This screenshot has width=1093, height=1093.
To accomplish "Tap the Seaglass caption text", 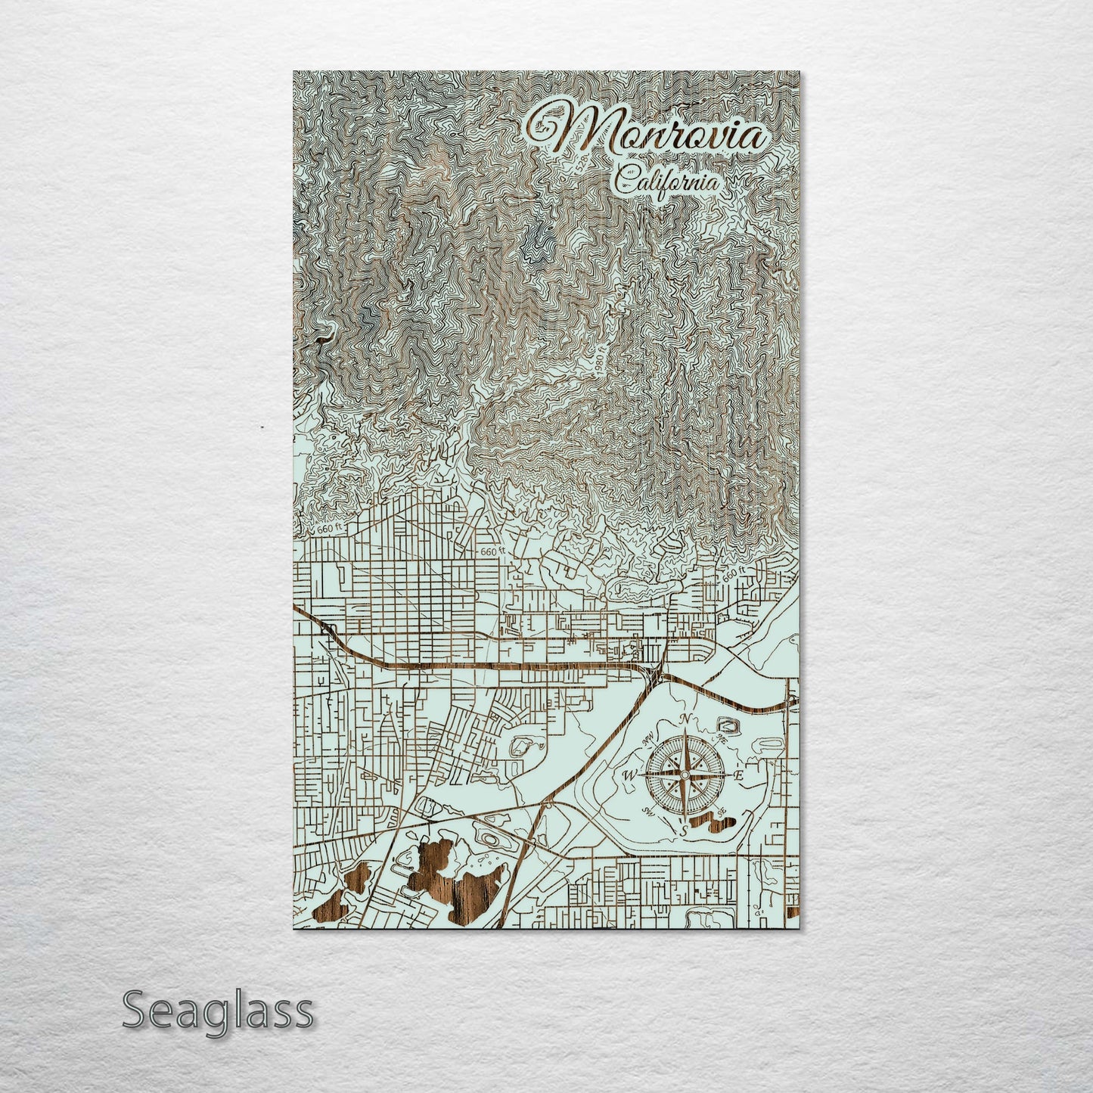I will coord(217,1010).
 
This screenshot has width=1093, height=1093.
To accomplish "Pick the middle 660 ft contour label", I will coord(491,552).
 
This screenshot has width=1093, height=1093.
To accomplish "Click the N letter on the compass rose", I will coord(685,719).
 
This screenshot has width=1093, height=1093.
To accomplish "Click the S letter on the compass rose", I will coord(684,831).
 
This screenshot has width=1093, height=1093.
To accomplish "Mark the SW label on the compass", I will coord(648,812).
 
